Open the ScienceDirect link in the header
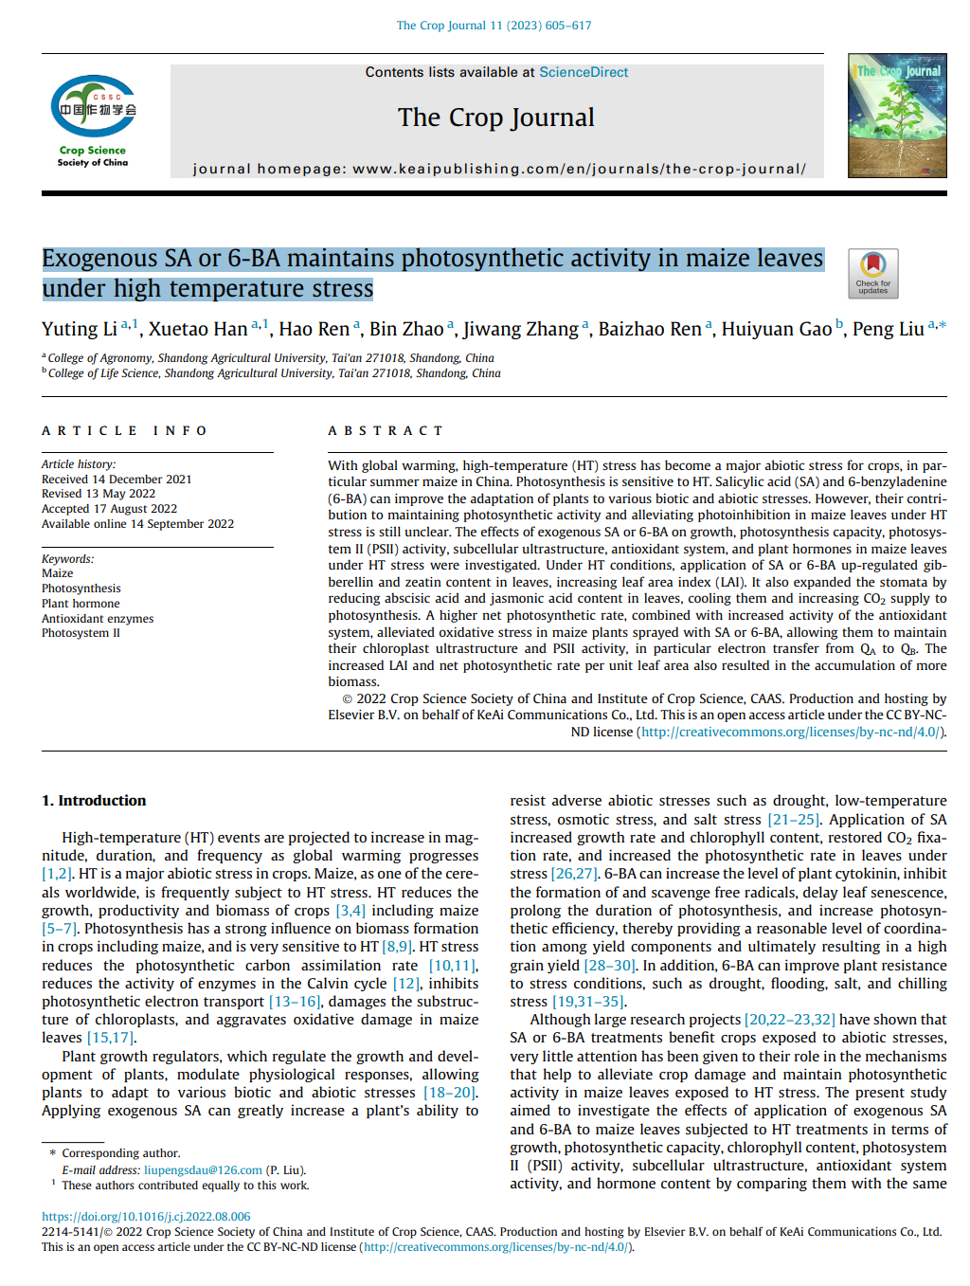(x=584, y=72)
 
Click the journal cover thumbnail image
(x=896, y=116)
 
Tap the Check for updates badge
(x=872, y=273)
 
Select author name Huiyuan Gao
(x=776, y=329)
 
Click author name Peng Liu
(x=888, y=329)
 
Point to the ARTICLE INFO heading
(x=124, y=431)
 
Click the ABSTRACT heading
(x=385, y=431)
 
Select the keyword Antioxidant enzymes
(x=98, y=619)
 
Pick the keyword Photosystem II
(x=81, y=633)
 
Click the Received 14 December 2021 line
(x=117, y=480)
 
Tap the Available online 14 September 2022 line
(x=137, y=524)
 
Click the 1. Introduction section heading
(x=94, y=801)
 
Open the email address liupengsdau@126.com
(x=203, y=1170)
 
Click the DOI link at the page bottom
(x=146, y=1217)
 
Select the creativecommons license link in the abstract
(x=792, y=732)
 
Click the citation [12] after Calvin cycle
(x=405, y=984)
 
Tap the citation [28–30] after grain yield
(x=609, y=966)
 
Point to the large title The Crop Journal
(x=495, y=118)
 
